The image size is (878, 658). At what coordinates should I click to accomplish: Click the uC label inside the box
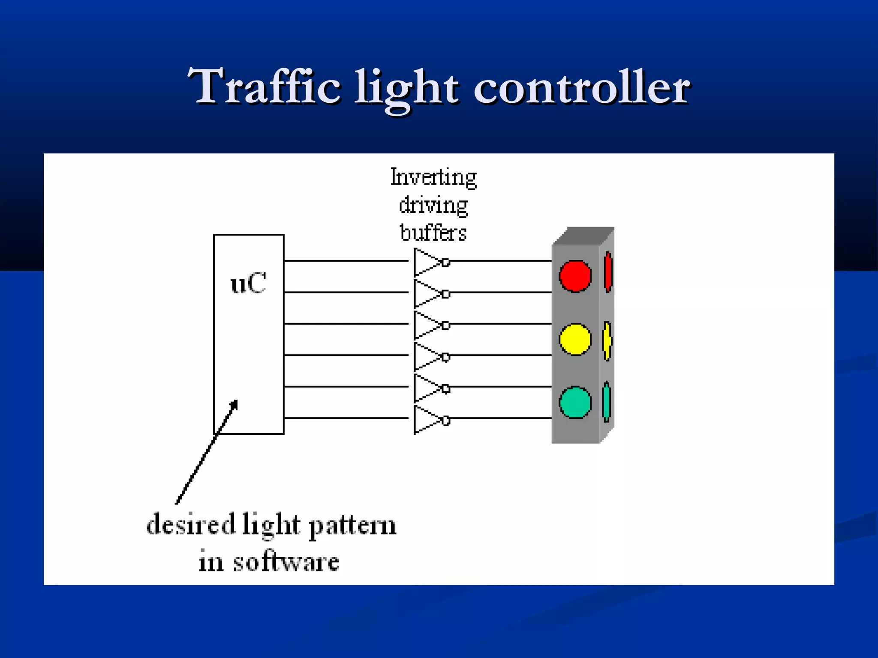point(248,283)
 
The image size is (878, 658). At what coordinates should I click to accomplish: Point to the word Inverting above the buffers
point(433,177)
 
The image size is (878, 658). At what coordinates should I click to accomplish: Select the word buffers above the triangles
point(433,233)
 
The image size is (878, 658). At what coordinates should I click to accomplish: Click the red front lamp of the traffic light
point(575,276)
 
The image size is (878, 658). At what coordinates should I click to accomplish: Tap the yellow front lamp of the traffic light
point(575,339)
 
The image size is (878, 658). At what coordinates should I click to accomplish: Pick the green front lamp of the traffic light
point(575,402)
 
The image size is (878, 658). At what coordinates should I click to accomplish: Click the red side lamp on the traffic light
point(608,272)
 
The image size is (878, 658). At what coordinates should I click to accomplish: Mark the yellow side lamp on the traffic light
point(607,341)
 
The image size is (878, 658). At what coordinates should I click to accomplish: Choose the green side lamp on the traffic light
point(606,402)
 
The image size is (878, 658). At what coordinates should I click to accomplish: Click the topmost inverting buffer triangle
point(426,262)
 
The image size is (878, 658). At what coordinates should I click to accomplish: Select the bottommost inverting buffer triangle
point(426,420)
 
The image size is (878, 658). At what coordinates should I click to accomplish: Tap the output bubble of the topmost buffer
point(446,262)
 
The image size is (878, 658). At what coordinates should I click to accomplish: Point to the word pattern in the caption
point(352,526)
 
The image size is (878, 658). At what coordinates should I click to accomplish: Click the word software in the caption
point(286,562)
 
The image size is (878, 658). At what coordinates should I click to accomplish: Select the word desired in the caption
point(191,524)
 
